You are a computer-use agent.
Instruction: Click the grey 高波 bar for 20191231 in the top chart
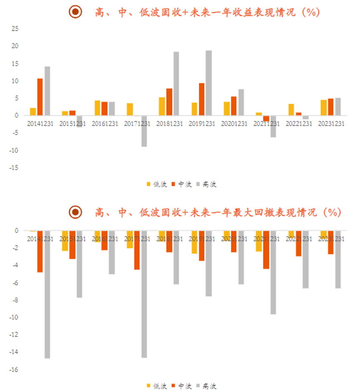209,83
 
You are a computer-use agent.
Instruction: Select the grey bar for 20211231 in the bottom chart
273,272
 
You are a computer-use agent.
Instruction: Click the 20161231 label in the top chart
105,124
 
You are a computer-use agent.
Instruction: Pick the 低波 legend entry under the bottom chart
157,386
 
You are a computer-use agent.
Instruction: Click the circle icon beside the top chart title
75,12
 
